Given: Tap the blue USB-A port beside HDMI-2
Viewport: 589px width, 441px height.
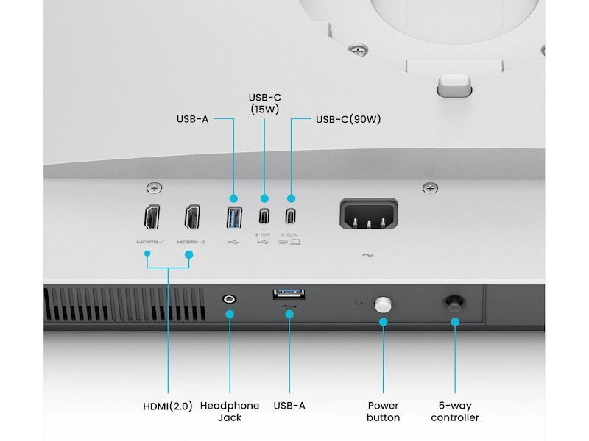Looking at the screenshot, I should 233,218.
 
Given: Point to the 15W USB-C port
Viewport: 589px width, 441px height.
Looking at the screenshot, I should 263,218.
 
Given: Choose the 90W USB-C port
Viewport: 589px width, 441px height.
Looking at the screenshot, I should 291,218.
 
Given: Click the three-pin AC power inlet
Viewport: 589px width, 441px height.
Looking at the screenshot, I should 368,215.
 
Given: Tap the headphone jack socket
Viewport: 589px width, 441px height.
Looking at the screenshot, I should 230,299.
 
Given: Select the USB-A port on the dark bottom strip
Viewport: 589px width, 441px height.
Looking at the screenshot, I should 289,295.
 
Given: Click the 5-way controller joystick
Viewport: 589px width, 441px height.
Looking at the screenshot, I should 454,302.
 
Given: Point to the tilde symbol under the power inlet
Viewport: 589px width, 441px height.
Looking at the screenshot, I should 367,256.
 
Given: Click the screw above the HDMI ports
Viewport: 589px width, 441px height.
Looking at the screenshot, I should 154,188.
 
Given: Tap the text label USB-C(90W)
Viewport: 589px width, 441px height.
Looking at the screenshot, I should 348,119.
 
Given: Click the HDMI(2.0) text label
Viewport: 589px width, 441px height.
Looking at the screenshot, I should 168,406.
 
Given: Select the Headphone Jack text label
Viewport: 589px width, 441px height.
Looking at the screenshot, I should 230,412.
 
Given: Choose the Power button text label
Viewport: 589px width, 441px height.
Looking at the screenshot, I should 383,412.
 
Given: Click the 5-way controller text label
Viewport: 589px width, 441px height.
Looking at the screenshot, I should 454,412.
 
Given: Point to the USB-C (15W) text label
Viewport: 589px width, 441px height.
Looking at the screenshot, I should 264,103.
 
